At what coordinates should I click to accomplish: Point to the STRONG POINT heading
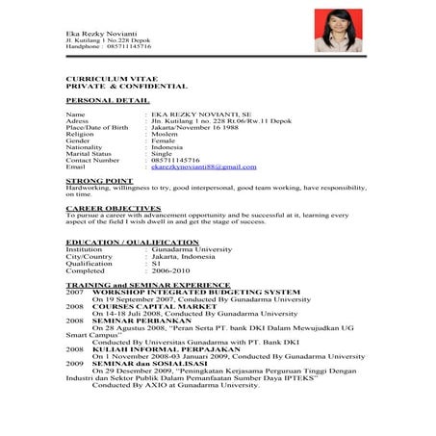[98, 180]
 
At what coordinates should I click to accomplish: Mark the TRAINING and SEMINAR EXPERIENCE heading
[147, 286]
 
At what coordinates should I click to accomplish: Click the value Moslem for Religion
[166, 133]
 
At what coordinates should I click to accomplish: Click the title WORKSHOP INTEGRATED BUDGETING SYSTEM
[196, 293]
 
